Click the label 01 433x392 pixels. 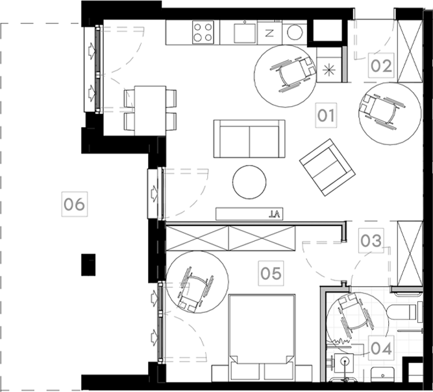[326, 117]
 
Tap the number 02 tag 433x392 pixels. [382, 66]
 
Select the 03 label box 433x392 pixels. [371, 241]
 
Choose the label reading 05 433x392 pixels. [271, 273]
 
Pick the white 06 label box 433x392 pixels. [74, 205]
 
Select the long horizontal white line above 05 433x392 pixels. [253, 224]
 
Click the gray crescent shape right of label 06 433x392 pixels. [195, 181]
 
